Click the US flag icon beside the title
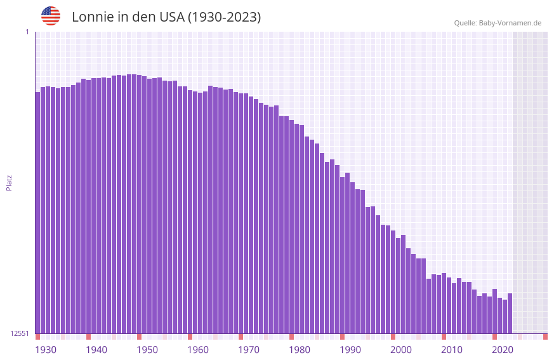coord(51,16)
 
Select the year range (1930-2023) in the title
coord(223,17)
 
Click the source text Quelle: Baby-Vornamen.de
coord(498,23)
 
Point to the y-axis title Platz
coord(9,182)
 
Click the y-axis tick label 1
coord(27,32)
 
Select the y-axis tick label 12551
coord(20,333)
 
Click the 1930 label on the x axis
coord(46,350)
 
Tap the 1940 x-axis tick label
coord(96,350)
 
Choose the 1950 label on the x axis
coord(147,350)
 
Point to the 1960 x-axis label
coord(198,350)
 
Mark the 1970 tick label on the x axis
coord(249,350)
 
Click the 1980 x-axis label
coord(300,350)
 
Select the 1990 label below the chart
coord(350,350)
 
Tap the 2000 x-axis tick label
coord(401,350)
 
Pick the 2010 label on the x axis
coord(452,350)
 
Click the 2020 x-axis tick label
coord(503,350)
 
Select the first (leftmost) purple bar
coord(37,213)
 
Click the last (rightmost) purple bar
coord(510,314)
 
